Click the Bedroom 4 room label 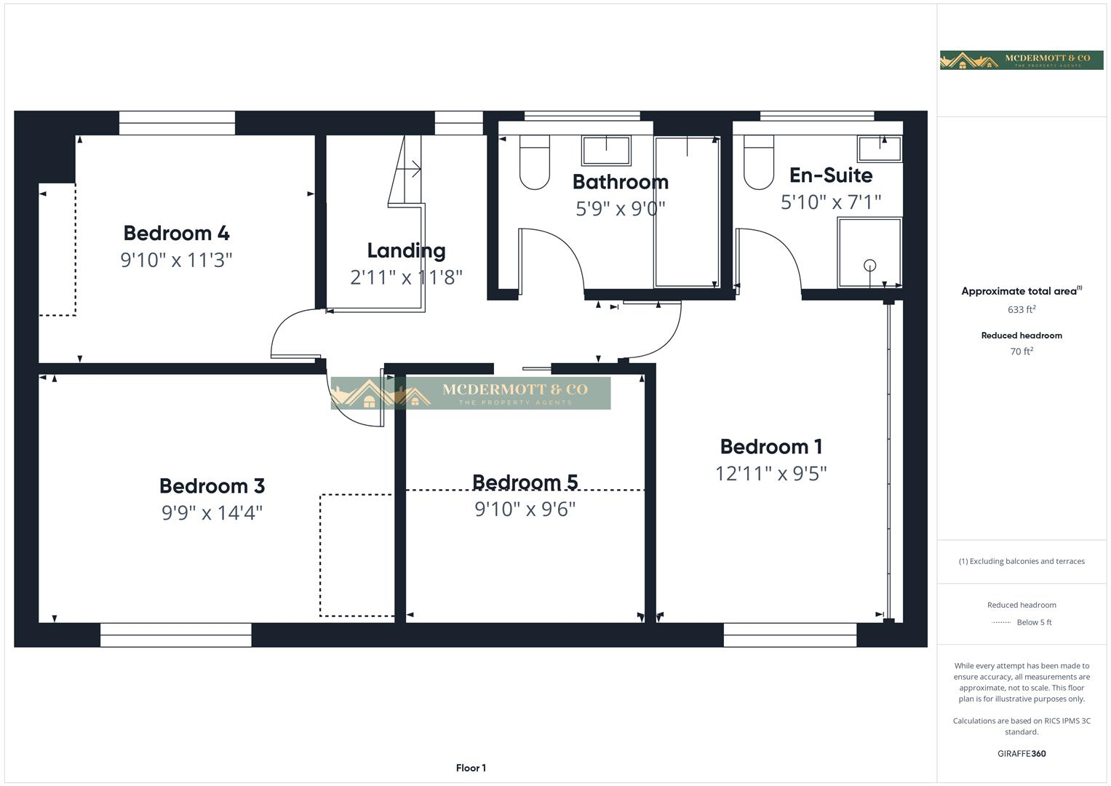[x=176, y=233]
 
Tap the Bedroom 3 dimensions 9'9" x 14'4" [x=212, y=513]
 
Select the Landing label [x=406, y=250]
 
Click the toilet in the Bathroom [x=535, y=163]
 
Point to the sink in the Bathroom [x=605, y=151]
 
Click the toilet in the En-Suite [x=758, y=163]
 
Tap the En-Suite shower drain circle [x=869, y=266]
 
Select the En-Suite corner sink [x=880, y=148]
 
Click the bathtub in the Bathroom [x=687, y=212]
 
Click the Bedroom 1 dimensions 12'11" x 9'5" [x=770, y=474]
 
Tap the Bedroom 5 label [x=525, y=482]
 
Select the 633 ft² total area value [x=1022, y=309]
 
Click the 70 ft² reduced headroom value [x=1022, y=352]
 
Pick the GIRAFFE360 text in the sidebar [x=1022, y=754]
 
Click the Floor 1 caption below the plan [x=471, y=768]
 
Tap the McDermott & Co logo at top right [x=1021, y=60]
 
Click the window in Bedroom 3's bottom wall [x=176, y=635]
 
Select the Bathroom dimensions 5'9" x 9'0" [x=620, y=209]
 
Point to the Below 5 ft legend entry [x=1022, y=622]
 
